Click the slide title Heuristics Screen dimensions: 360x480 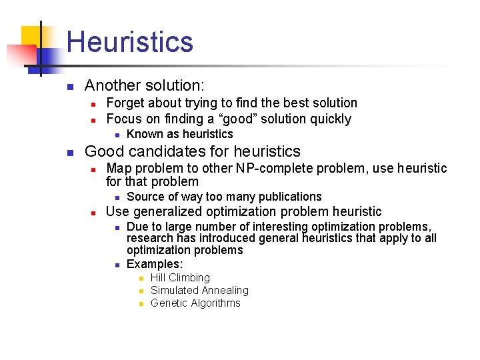pyautogui.click(x=130, y=41)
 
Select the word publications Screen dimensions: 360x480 pyautogui.click(x=289, y=197)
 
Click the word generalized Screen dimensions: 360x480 pyautogui.click(x=165, y=212)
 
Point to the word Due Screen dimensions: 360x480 pyautogui.click(x=137, y=227)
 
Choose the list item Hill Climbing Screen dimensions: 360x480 pyautogui.click(x=180, y=277)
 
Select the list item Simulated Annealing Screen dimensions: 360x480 pyautogui.click(x=199, y=290)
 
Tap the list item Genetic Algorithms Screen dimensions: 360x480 pyautogui.click(x=195, y=303)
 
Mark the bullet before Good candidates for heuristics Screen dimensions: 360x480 pyautogui.click(x=69, y=152)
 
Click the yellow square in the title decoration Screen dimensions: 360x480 pyautogui.click(x=32, y=37)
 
